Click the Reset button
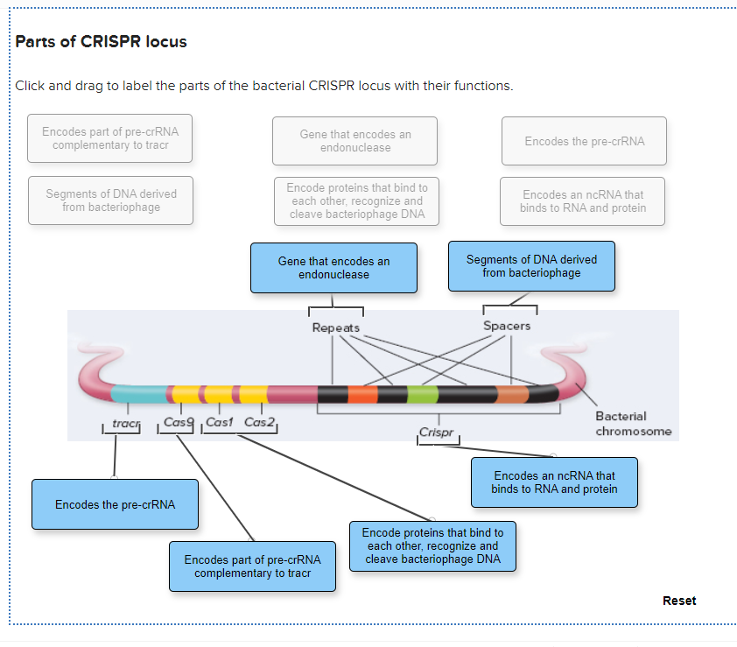point(679,601)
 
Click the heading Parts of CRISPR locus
point(102,42)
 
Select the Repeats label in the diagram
point(336,327)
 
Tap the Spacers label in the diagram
point(507,326)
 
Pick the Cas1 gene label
point(219,423)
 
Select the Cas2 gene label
point(259,423)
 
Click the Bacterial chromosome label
point(633,424)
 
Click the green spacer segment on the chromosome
point(423,394)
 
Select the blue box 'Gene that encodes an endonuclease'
point(333,268)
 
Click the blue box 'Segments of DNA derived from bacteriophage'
point(531,266)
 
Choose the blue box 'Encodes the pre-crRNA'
point(115,504)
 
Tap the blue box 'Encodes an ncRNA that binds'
point(554,482)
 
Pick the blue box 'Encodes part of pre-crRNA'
point(252,566)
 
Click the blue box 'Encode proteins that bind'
point(432,545)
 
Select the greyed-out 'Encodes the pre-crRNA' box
point(584,141)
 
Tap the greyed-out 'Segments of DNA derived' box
point(110,200)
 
